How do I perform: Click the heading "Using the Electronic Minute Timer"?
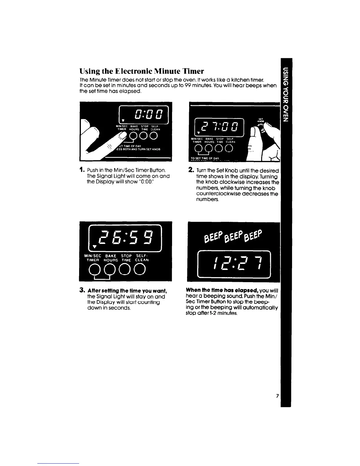[x=142, y=71]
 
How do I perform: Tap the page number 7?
[x=277, y=396]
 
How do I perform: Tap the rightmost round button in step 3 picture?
[x=140, y=269]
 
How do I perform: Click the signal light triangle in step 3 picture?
[x=86, y=246]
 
